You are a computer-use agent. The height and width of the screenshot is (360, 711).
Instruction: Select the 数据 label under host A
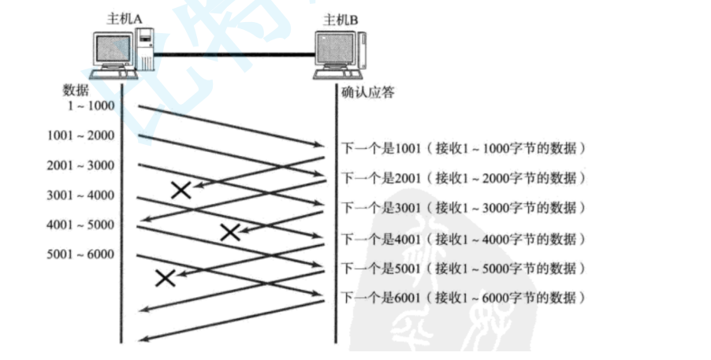tap(76, 90)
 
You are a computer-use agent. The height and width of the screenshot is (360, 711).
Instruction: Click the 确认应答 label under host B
tap(367, 92)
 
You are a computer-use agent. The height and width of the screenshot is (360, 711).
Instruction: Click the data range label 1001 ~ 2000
tap(80, 135)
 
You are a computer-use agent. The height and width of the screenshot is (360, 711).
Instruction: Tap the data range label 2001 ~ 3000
tap(80, 165)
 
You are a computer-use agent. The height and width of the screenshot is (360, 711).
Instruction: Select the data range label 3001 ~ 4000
tap(80, 195)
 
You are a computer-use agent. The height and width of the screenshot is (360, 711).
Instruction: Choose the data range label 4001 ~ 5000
tap(80, 225)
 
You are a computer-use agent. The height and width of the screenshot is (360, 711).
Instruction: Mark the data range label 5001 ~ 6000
tap(80, 254)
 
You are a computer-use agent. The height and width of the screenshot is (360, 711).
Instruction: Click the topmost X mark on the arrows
tap(181, 189)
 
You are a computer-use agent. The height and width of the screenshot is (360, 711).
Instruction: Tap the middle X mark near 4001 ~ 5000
tap(229, 232)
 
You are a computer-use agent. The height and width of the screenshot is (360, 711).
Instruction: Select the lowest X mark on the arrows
tap(165, 277)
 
